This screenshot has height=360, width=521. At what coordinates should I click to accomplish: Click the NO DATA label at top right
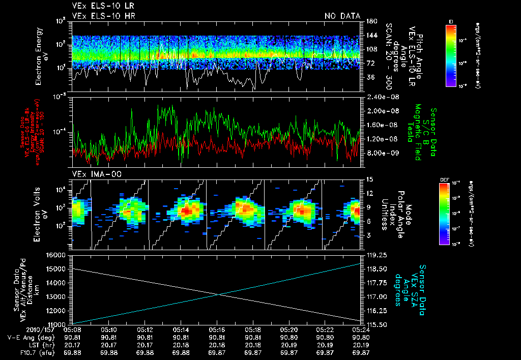342,16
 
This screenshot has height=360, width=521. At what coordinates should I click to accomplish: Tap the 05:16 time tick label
217,329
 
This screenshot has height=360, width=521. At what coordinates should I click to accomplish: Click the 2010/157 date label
20,329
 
